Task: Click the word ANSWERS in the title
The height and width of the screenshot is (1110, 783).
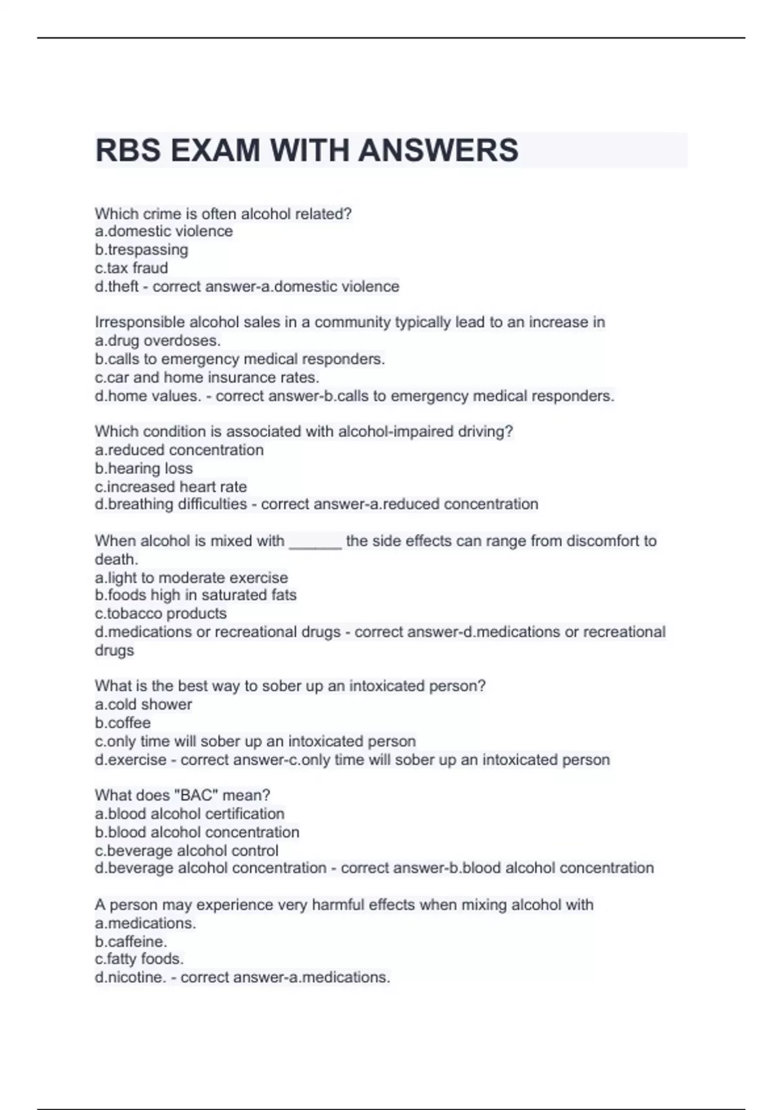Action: pos(438,150)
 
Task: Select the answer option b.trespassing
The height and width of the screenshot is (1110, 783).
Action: pos(142,249)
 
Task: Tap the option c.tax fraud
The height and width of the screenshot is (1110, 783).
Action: pos(131,268)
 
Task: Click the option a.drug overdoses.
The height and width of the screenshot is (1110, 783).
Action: pos(158,340)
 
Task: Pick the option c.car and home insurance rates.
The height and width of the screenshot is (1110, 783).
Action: pos(207,377)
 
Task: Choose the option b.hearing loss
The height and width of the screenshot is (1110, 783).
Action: pos(144,468)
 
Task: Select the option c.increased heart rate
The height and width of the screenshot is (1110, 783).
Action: pos(171,486)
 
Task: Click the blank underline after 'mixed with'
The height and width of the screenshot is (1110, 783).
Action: pos(315,542)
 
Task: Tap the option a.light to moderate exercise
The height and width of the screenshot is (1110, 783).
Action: pos(191,578)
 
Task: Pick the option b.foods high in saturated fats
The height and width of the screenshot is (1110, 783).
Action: pos(196,595)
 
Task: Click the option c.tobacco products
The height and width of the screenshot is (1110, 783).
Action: pos(161,613)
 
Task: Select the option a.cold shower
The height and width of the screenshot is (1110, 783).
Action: pos(144,705)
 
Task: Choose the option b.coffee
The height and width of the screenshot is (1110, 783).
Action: pos(123,723)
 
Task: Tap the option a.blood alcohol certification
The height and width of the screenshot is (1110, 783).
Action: pos(189,814)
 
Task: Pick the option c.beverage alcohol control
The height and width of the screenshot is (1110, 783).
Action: pos(187,851)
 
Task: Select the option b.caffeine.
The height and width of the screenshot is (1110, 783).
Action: pos(131,942)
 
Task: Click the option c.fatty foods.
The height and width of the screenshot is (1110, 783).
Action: pos(139,959)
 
